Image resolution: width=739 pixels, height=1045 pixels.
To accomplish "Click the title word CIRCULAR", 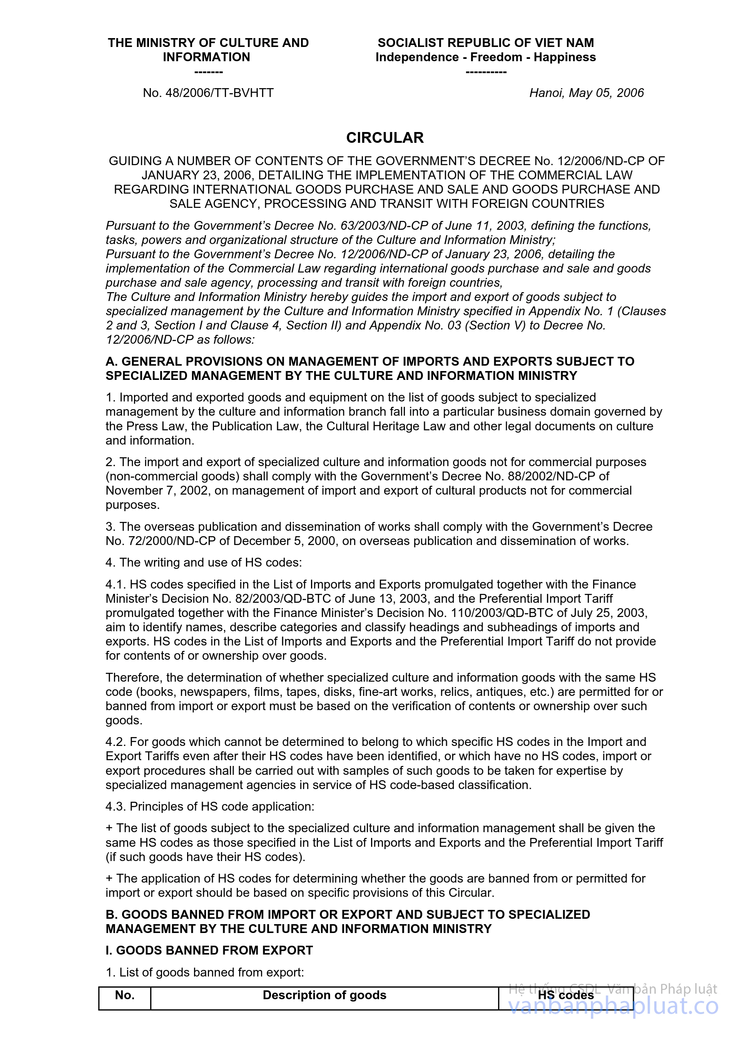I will (x=385, y=137).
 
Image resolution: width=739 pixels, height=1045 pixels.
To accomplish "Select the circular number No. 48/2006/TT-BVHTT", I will (x=208, y=93).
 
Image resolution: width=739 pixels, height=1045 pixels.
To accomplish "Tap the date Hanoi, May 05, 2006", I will (x=586, y=93).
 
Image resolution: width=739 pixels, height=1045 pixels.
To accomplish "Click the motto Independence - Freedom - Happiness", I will (x=485, y=57).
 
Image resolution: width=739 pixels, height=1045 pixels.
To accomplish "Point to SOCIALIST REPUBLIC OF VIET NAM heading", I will (x=485, y=43).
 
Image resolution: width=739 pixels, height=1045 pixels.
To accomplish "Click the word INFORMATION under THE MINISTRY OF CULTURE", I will (x=206, y=57).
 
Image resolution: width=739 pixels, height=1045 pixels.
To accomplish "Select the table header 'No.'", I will (x=125, y=995).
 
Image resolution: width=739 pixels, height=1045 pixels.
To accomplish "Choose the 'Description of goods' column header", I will (x=324, y=995).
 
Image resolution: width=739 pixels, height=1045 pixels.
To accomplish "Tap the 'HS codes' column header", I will (x=566, y=995).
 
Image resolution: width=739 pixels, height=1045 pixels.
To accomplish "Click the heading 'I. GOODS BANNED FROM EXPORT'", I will (x=209, y=950).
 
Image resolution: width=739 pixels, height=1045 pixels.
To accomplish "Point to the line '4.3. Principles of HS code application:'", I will (x=210, y=806).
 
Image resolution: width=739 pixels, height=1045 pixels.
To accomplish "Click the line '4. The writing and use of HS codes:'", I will (x=203, y=563).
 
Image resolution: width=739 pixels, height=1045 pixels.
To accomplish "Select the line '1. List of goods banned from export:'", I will (x=205, y=972).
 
